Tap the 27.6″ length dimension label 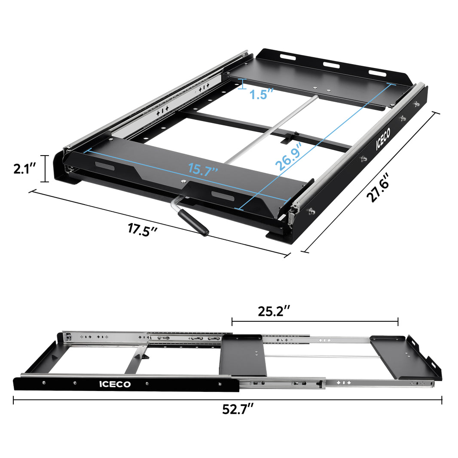click(378, 187)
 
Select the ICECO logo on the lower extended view click(115, 384)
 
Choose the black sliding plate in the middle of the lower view click(242, 354)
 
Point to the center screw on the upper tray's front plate click(184, 182)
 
